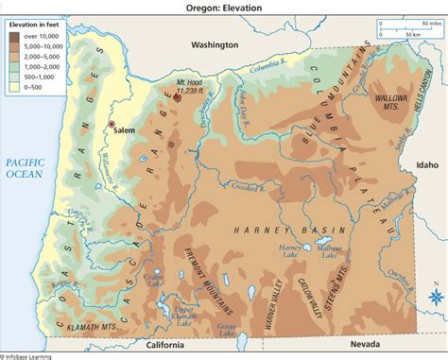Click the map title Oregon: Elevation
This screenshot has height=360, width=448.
pyautogui.click(x=223, y=6)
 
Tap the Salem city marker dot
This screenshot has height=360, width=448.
pyautogui.click(x=112, y=125)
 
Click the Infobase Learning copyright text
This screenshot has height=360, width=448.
pyautogui.click(x=27, y=356)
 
